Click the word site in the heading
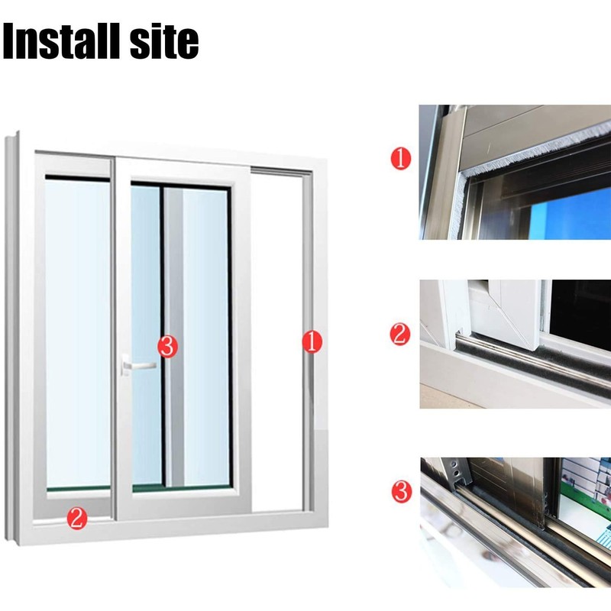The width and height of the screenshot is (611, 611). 164,41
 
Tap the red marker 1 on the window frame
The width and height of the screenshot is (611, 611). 312,341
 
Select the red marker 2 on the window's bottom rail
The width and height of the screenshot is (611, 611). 77,519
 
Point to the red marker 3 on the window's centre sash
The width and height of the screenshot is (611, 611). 167,347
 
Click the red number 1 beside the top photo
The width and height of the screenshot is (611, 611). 400,159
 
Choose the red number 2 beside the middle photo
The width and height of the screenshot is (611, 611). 400,335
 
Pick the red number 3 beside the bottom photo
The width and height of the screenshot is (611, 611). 402,492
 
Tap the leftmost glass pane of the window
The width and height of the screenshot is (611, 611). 78,334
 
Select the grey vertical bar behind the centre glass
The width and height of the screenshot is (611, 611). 174,338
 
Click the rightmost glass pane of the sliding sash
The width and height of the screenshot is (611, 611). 205,338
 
